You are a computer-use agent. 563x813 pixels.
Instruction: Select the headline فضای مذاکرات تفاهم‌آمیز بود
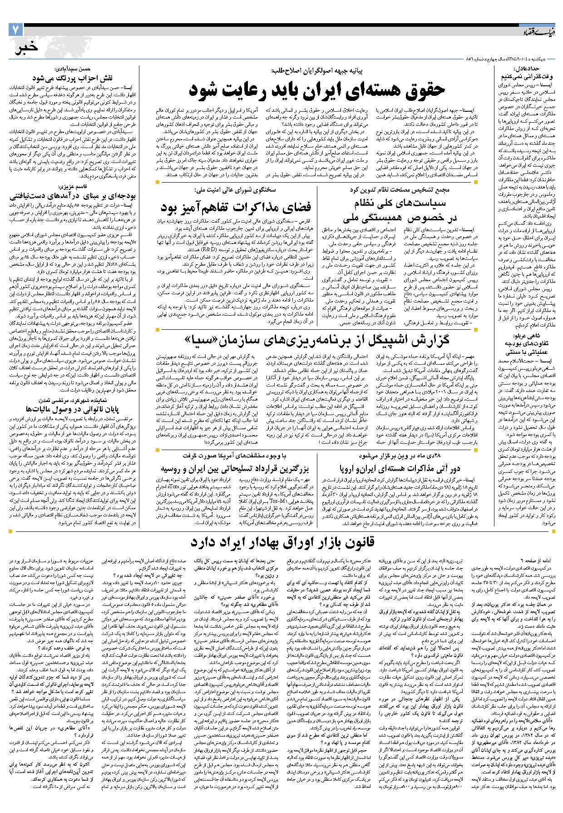236,208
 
